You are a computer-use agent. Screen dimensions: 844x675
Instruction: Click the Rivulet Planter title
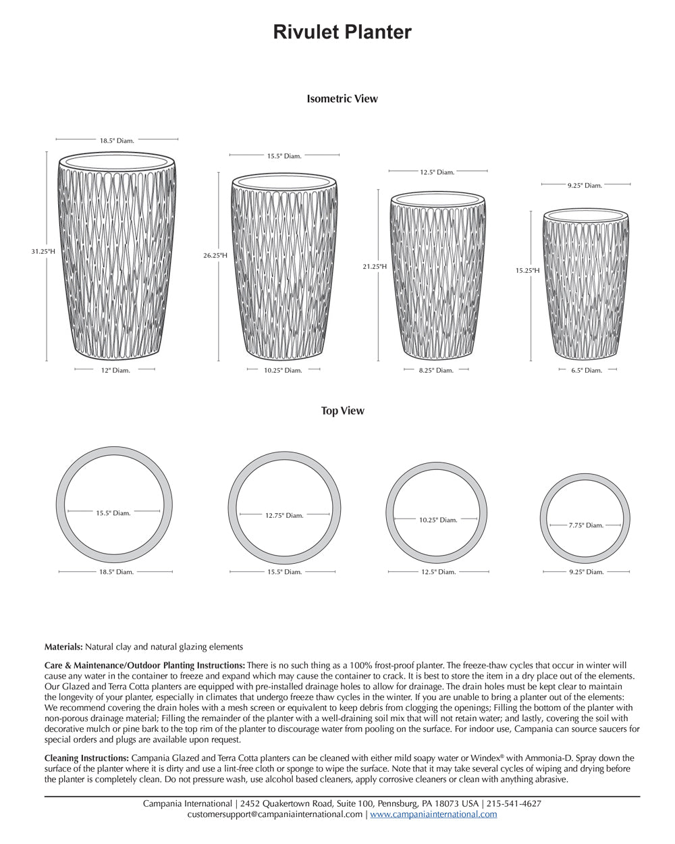click(x=342, y=32)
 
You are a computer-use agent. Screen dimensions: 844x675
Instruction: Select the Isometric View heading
click(x=342, y=99)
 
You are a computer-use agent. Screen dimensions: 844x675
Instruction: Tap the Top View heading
click(x=342, y=411)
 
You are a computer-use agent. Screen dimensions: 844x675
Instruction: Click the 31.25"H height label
click(x=43, y=251)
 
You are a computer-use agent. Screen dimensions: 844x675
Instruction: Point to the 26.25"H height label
click(x=215, y=255)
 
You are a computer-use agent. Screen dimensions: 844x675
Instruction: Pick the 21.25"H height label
click(x=375, y=267)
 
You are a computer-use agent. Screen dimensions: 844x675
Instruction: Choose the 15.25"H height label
click(x=528, y=270)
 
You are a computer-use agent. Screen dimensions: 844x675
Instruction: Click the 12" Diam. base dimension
click(x=115, y=370)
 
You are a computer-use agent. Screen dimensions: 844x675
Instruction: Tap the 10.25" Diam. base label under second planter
click(x=283, y=370)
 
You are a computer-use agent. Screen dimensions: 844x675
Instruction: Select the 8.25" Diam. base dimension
click(x=436, y=370)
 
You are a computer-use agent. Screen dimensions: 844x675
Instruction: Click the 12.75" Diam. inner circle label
click(x=283, y=515)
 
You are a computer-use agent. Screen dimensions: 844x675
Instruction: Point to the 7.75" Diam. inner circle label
click(x=585, y=525)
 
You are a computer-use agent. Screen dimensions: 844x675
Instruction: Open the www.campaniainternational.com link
click(x=433, y=814)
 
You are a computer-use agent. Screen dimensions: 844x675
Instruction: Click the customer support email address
click(x=275, y=814)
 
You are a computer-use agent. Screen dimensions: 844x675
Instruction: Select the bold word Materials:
click(x=63, y=647)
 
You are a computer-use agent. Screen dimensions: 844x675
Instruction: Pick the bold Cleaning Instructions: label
click(x=86, y=758)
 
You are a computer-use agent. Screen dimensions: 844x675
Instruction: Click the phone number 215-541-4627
click(x=514, y=803)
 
